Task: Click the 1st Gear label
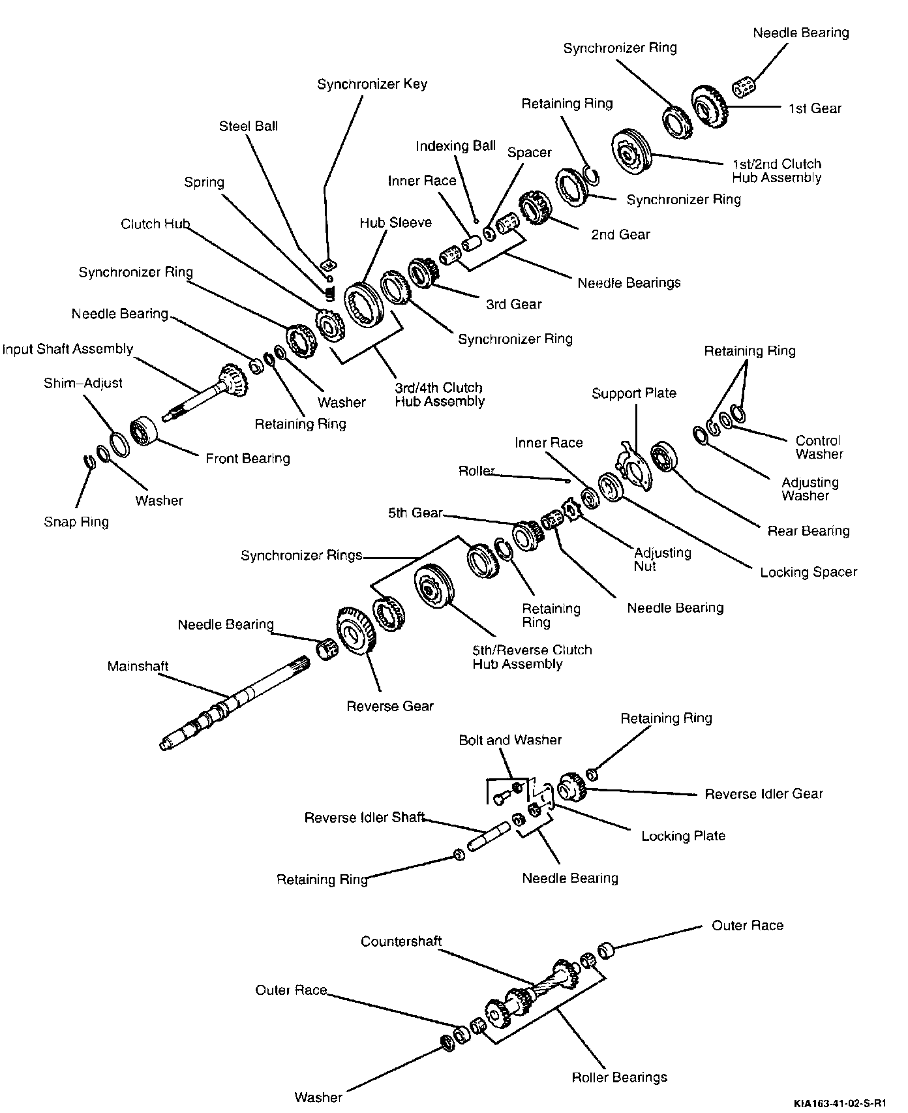(x=815, y=108)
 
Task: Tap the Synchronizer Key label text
(x=372, y=84)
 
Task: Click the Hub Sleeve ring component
(x=362, y=307)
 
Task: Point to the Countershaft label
(x=401, y=941)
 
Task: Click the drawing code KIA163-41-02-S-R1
(x=840, y=1103)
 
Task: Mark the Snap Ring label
(x=76, y=522)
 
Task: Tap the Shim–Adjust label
(x=83, y=383)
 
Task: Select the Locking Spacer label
(x=808, y=572)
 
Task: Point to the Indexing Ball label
(x=455, y=146)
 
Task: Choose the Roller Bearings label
(x=619, y=1077)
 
